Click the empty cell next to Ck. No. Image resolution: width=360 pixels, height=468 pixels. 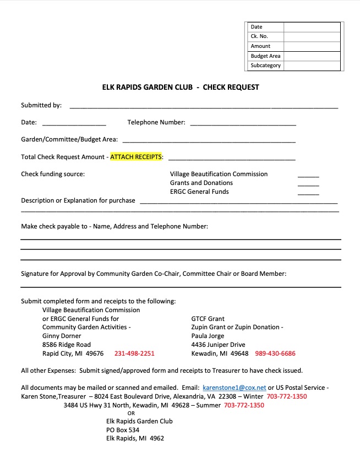coord(312,36)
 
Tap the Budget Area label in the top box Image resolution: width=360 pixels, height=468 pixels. coord(265,56)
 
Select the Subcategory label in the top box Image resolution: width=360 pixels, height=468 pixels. coord(265,66)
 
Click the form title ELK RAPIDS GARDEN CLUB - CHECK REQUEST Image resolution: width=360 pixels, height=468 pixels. coord(181,87)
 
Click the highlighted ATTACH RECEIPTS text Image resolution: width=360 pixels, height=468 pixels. coord(137,157)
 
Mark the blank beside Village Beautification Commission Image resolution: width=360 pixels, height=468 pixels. coord(308,175)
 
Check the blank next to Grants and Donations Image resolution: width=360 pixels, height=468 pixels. coord(308,183)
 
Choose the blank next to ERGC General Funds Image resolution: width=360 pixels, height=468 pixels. coord(308,192)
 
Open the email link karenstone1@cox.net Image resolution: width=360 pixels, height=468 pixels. coord(234,388)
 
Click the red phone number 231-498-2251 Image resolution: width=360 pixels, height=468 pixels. coord(134,353)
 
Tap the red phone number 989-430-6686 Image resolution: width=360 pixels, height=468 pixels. coord(275,353)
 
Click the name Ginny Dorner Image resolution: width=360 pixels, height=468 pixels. coord(62,336)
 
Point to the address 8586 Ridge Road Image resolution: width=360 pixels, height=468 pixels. coord(67,345)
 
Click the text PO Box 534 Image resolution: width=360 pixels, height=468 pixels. coord(123,430)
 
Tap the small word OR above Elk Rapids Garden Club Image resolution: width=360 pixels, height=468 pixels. coord(131,413)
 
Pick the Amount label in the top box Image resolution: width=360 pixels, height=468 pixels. coord(260,46)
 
